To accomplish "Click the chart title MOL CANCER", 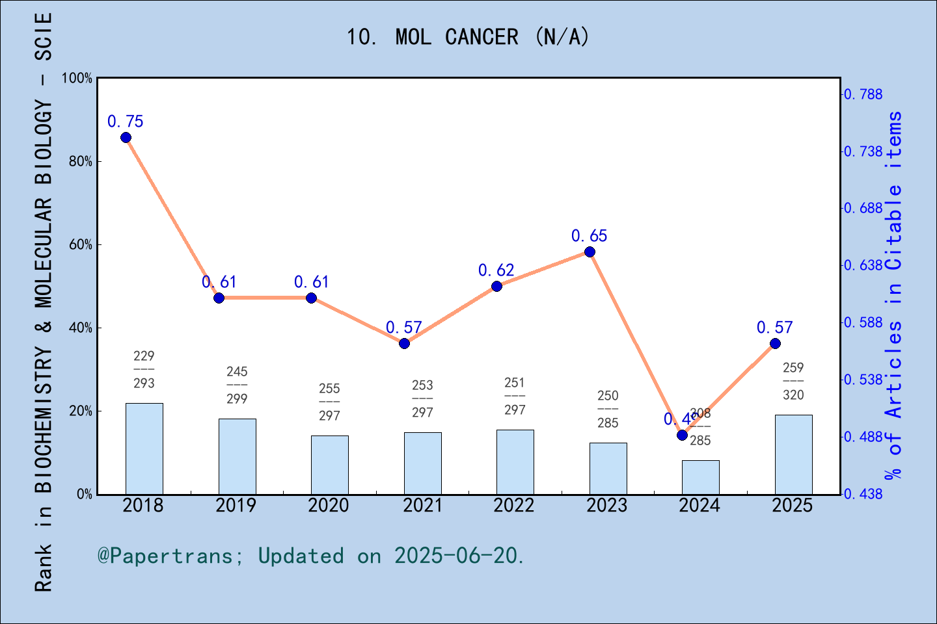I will [x=467, y=37].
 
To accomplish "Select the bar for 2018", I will [x=144, y=448].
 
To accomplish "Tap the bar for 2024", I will [x=700, y=477].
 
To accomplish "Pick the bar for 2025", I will [x=793, y=454].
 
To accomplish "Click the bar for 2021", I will [x=422, y=463].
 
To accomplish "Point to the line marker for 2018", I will [x=126, y=137].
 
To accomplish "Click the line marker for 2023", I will [x=590, y=252].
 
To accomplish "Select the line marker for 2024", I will [x=682, y=435].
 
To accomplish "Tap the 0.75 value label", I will [x=125, y=122].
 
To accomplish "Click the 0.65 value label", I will [x=589, y=236].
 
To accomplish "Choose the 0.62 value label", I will [x=496, y=270].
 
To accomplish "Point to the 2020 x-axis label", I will [x=329, y=506].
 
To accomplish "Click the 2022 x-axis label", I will [x=514, y=506].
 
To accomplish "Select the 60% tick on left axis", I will [x=81, y=245].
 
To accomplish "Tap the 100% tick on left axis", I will [x=77, y=79].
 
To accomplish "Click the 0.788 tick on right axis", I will [x=864, y=94].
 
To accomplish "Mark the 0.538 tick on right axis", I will [x=864, y=380].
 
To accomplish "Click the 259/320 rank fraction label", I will [x=793, y=382].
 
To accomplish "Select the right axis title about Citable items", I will [x=894, y=296].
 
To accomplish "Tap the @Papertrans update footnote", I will [x=310, y=556].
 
